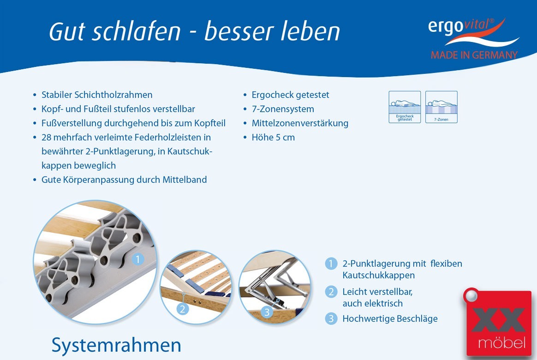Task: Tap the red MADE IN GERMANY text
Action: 474,55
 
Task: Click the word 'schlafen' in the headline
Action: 136,31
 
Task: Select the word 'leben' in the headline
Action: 310,31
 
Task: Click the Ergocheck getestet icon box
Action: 405,107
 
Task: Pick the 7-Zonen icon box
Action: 441,107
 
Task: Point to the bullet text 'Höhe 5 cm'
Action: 273,138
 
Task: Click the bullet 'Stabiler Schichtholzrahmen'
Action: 97,95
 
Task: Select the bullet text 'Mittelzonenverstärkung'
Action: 300,123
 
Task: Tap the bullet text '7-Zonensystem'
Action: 283,109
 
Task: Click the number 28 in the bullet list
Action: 46,138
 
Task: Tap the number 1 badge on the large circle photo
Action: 137,259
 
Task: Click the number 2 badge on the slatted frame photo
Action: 183,309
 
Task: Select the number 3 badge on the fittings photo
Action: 267,312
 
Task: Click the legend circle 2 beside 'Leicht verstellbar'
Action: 331,292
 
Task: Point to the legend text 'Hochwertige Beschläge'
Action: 390,319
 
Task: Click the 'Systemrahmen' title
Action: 116,345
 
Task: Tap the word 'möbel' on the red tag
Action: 501,342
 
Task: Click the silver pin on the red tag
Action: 471,295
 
